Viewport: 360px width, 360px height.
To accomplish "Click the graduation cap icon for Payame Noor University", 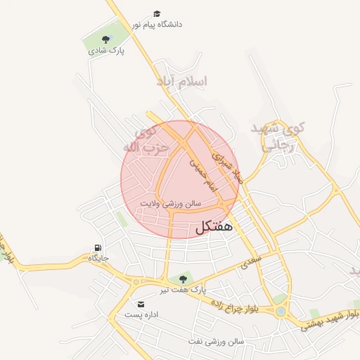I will click(156, 13).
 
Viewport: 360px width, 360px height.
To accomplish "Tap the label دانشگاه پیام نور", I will click(156, 24).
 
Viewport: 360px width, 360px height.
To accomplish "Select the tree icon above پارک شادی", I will click(105, 39).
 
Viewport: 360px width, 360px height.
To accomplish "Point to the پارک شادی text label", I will click(106, 51).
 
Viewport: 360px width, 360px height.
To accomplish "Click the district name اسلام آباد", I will click(182, 82).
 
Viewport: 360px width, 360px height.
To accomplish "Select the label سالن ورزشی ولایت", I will click(171, 202).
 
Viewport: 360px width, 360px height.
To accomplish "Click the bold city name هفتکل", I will click(210, 228).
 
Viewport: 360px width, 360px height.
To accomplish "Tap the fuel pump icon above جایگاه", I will click(98, 247).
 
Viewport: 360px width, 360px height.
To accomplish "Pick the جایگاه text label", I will click(98, 258).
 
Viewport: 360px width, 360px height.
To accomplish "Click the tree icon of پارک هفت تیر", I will click(183, 279).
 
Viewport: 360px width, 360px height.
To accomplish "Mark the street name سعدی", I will click(251, 262).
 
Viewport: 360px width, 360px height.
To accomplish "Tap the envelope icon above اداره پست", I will click(142, 304).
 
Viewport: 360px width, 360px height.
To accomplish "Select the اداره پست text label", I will click(143, 314).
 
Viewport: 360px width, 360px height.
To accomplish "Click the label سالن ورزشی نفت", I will click(215, 341).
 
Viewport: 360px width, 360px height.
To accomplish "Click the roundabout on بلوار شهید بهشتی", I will click(281, 311).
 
